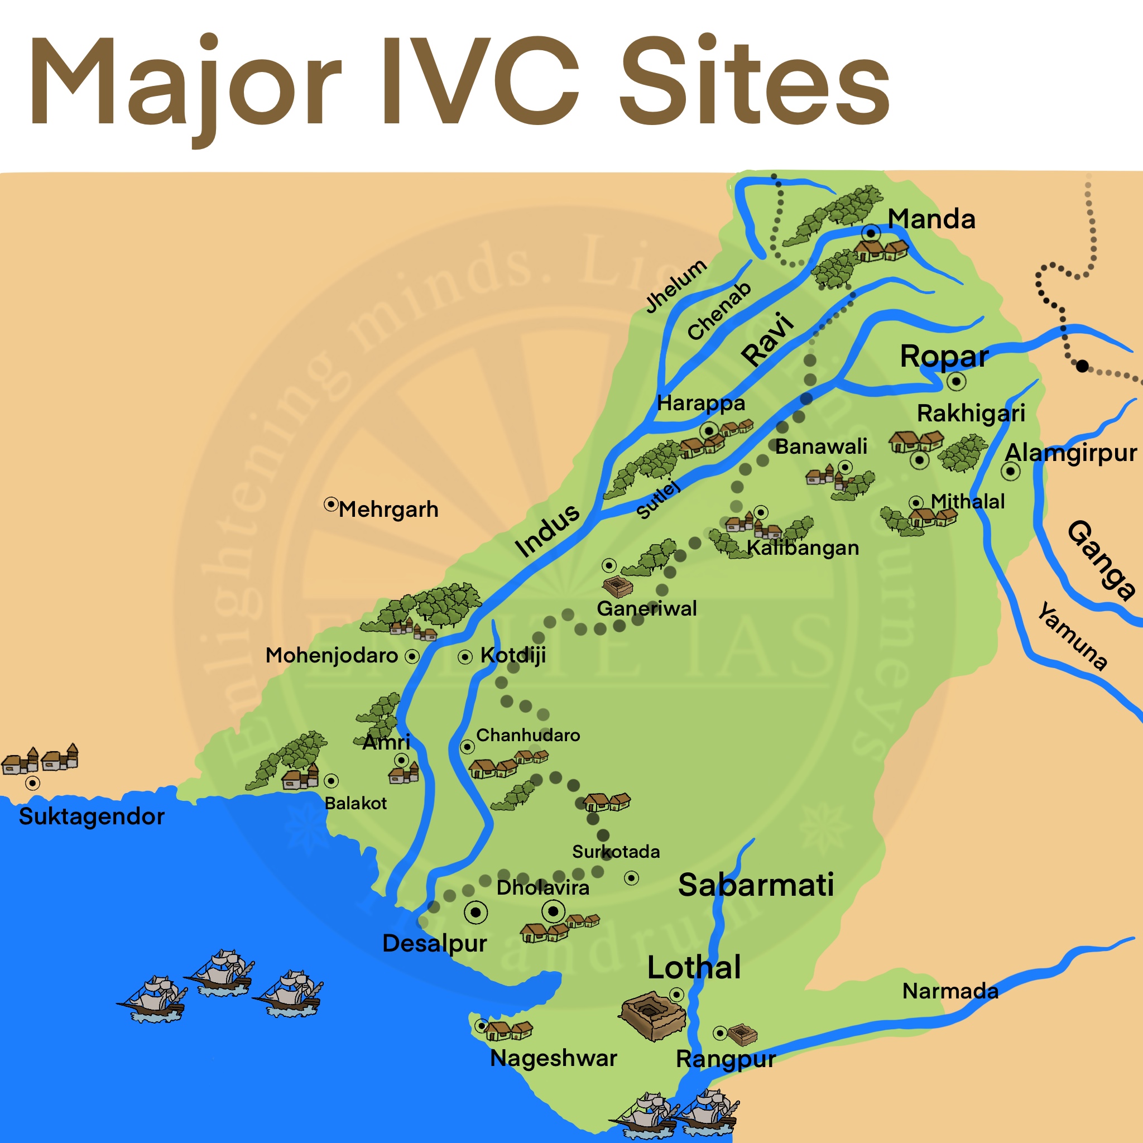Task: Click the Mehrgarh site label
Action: coord(388,510)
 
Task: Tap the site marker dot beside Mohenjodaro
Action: coord(412,656)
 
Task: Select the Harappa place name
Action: coord(701,404)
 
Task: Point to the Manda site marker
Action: coord(870,233)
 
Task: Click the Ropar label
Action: coord(944,356)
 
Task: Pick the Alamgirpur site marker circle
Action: coord(1011,472)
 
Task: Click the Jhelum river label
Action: coord(676,286)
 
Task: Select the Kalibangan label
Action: coord(803,548)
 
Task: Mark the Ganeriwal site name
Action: coord(647,608)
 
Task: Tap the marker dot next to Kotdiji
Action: coord(465,657)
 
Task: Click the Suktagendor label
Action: coord(92,817)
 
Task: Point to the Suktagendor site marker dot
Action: coord(32,783)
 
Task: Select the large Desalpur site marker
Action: coord(476,913)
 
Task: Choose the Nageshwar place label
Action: coord(554,1058)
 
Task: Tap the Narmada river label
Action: coord(950,991)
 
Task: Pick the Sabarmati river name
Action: coord(756,885)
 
